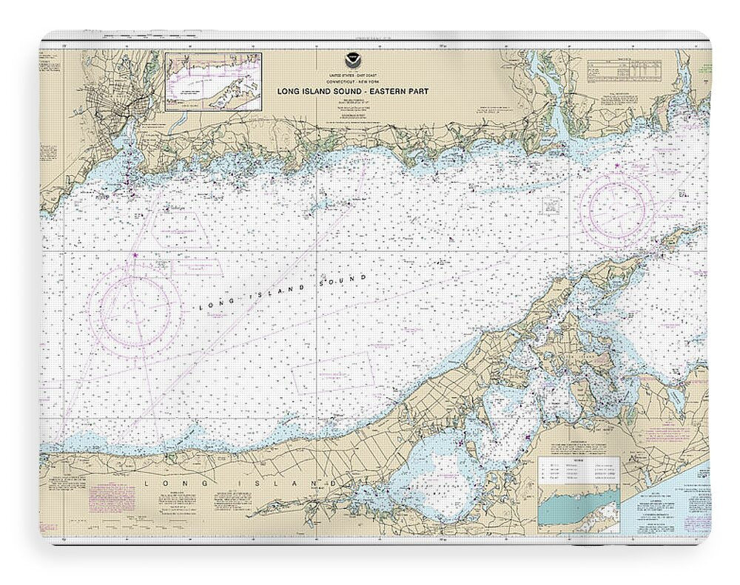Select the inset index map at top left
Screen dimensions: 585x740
(213, 81)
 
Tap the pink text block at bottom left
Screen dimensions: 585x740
(112, 497)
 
